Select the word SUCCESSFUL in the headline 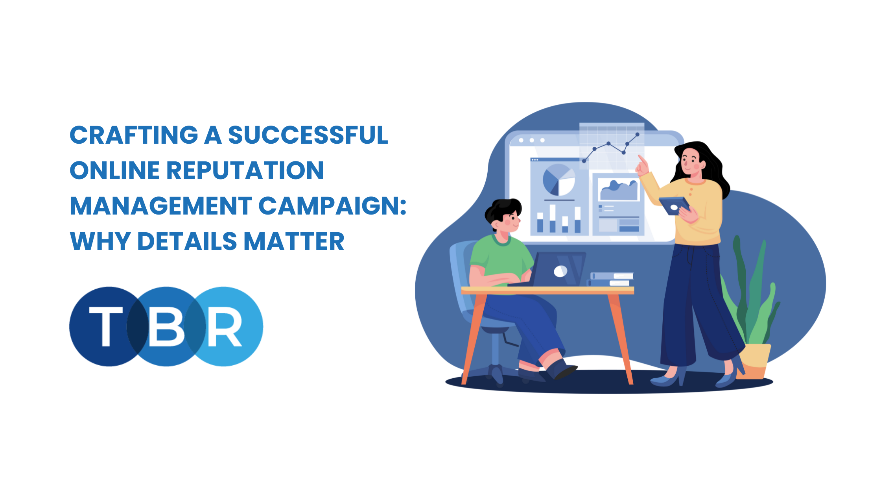[x=308, y=135]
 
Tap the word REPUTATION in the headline [x=245, y=170]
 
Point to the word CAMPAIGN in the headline [x=327, y=206]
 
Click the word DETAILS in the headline [x=187, y=241]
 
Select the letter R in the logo [x=224, y=326]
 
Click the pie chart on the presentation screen [x=558, y=180]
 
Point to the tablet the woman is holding [x=674, y=205]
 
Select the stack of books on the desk [x=611, y=279]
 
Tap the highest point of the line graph [x=638, y=135]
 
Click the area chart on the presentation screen [x=619, y=190]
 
